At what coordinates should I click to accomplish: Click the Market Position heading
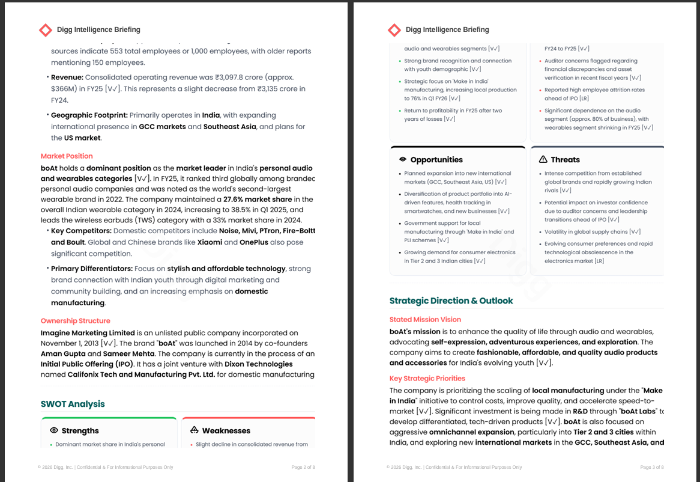coord(67,156)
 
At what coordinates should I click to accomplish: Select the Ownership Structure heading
coord(76,321)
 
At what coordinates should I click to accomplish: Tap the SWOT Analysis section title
coord(73,404)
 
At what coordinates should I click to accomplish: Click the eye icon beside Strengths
coord(54,430)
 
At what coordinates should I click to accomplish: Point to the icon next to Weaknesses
coord(194,430)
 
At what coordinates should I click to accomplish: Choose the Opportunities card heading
coord(436,160)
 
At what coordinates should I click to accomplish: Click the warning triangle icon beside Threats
coord(543,160)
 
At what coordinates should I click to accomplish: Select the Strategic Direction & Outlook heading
coord(451,300)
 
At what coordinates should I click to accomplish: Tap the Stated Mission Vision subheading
coord(425,320)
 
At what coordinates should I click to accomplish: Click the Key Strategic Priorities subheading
coord(427,379)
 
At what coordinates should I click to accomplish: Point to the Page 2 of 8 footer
coord(303,467)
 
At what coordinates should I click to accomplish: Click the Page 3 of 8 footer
coord(652,467)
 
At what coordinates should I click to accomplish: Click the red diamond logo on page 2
coord(45,29)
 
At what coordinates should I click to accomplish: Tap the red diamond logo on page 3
coord(394,29)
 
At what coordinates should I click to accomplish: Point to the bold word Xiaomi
coord(210,243)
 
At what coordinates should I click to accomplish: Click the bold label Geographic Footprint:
coord(89,115)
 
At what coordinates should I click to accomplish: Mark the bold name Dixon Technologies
coord(259,364)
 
